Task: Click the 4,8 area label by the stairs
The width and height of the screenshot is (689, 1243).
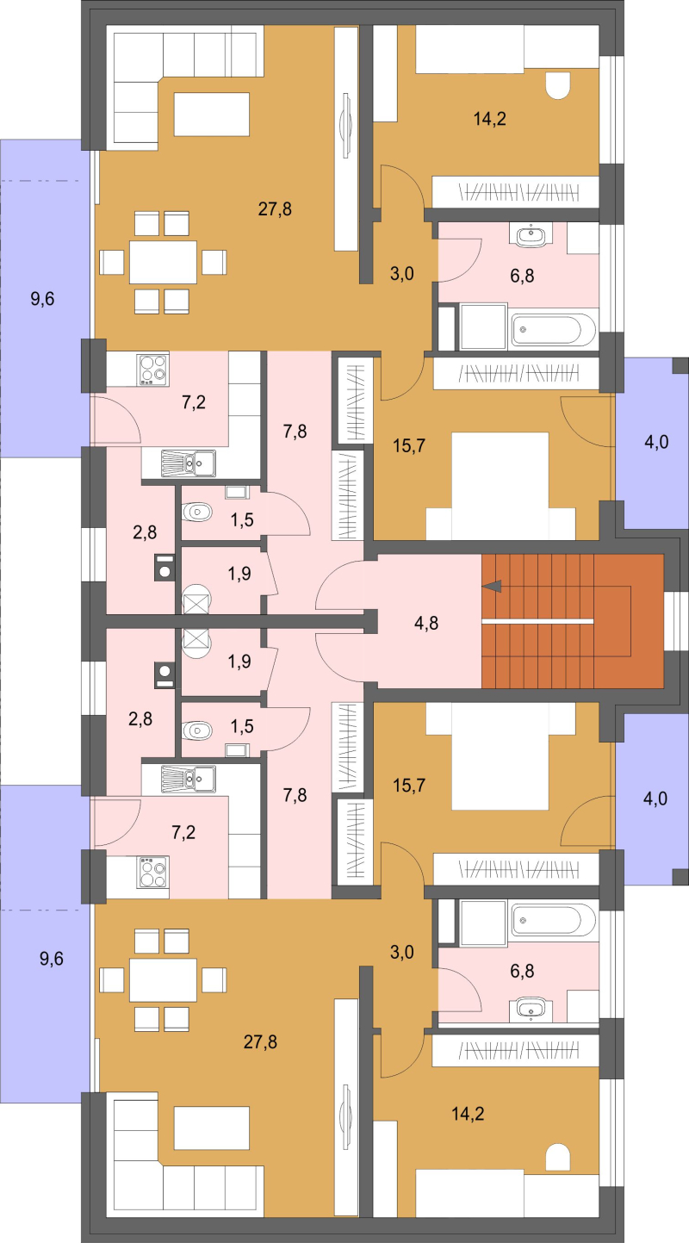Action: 426,623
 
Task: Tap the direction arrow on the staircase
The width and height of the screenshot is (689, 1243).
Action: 492,586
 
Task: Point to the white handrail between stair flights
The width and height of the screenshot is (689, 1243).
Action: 537,621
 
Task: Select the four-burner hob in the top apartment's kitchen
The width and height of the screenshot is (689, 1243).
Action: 153,369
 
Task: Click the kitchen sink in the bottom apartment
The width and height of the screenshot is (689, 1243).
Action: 188,779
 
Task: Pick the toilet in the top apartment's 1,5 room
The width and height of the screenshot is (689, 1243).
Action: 197,512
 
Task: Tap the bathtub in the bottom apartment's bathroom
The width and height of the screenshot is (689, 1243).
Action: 554,920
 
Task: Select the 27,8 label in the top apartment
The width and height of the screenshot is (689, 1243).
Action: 275,209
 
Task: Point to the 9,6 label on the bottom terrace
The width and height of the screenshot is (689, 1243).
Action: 52,959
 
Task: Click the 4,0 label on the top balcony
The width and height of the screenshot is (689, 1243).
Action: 656,442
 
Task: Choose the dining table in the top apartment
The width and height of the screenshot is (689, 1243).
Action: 163,262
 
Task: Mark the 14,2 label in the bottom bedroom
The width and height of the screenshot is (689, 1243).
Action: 468,1114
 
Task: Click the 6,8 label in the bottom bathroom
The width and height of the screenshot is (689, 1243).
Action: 522,971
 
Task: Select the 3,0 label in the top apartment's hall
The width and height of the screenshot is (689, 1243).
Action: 401,274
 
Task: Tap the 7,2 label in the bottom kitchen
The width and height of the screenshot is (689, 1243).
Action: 183,832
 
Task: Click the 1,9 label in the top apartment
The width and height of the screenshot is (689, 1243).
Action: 239,573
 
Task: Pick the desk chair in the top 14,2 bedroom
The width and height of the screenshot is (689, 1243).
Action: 558,86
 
